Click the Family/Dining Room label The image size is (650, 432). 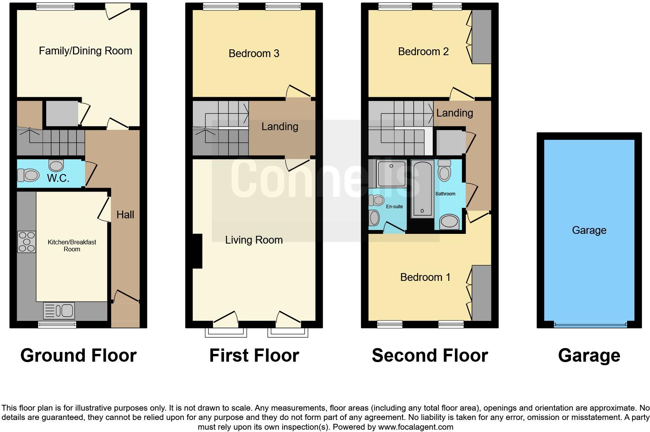(86, 51)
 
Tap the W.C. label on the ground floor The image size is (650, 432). (58, 178)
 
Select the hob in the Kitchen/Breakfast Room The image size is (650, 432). (26, 242)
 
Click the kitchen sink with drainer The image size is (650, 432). (59, 311)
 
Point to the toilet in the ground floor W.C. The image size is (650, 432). (28, 175)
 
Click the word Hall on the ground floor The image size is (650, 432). (125, 214)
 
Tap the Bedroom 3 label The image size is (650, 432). (254, 53)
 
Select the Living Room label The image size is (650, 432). (254, 240)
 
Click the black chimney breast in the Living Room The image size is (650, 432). (197, 251)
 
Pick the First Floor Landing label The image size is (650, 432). (280, 127)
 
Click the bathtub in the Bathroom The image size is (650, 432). (422, 189)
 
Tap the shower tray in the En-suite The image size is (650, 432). (391, 173)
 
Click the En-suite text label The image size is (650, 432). (394, 207)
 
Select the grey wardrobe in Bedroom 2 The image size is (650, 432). (482, 37)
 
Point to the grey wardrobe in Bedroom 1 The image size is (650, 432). (482, 293)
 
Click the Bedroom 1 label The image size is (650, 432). (425, 277)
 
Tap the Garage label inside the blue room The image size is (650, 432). (589, 230)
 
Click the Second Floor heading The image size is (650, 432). (430, 355)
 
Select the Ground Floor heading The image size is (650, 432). (78, 355)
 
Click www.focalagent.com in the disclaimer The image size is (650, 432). (415, 427)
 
